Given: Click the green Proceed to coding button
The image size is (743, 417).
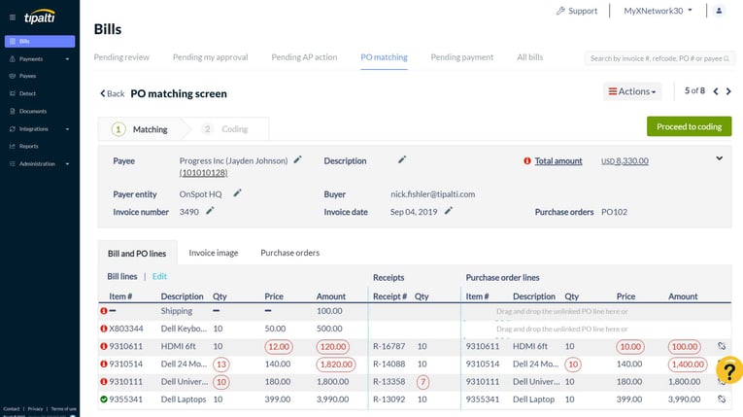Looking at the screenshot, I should click(689, 126).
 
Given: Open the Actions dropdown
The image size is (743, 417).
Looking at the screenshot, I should click(631, 91).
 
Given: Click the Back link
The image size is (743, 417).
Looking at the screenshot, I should click(112, 94).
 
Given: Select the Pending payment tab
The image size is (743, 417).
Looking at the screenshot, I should click(461, 57).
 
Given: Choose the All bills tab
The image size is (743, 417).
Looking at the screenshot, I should click(529, 57).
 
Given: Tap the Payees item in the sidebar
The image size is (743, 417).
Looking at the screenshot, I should click(27, 76).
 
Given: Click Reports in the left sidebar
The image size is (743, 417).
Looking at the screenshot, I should click(28, 146).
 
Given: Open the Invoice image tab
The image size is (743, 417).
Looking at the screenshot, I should click(213, 253).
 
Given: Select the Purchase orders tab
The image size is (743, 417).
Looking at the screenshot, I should click(289, 253).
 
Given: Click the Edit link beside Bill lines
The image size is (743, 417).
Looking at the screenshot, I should click(159, 277).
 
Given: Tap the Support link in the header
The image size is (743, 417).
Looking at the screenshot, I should click(576, 11).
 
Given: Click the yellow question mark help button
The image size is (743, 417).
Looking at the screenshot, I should click(728, 369).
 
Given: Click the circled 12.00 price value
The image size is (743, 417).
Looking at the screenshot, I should click(278, 346).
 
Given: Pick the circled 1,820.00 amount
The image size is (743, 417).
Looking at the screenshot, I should click(337, 364).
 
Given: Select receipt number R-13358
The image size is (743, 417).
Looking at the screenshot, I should click(388, 381).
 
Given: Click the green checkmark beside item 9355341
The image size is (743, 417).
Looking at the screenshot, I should click(104, 399).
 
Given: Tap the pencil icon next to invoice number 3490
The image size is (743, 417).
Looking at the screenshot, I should click(210, 210).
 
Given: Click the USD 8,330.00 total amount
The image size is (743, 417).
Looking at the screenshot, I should click(625, 161).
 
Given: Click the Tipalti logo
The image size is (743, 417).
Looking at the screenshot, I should click(39, 17).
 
